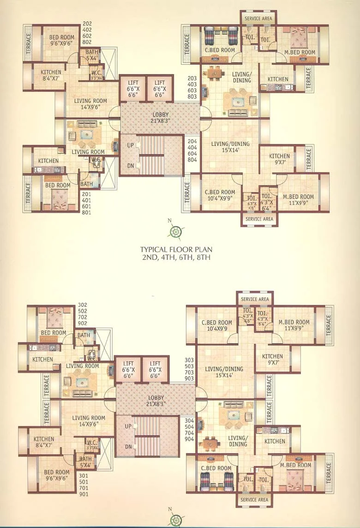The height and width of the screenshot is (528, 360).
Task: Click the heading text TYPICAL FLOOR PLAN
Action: (175, 249)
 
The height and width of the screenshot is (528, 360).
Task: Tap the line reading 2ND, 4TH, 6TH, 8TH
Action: (175, 258)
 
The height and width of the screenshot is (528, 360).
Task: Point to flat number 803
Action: (192, 96)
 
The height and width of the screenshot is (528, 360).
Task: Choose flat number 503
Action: (189, 366)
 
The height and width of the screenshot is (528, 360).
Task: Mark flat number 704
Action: (189, 433)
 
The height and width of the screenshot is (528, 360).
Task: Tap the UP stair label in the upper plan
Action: (131, 145)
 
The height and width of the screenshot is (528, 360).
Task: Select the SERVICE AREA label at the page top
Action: (258, 18)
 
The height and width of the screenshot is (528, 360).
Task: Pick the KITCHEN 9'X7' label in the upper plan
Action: (279, 159)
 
